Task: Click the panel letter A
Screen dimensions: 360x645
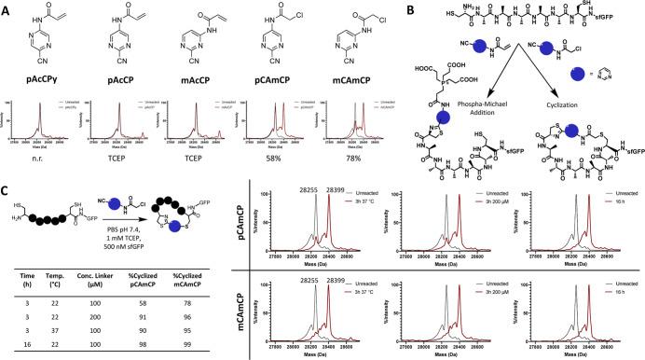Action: coord(7,7)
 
